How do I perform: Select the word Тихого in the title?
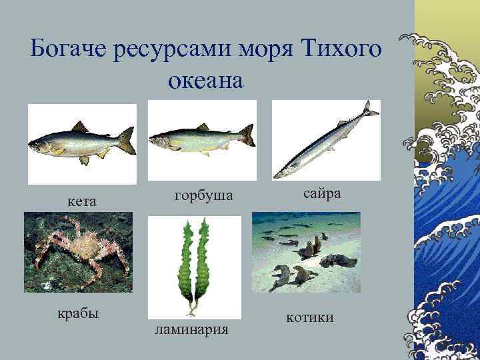(x=342, y=49)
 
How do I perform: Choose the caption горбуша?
(x=203, y=195)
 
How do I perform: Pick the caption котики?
(x=310, y=318)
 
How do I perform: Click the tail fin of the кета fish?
(x=127, y=141)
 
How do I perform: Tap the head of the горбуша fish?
(x=159, y=139)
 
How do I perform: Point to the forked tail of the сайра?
(x=369, y=109)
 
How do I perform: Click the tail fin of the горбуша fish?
(x=247, y=135)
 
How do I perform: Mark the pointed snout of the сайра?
(x=279, y=175)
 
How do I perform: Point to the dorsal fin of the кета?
(x=81, y=126)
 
